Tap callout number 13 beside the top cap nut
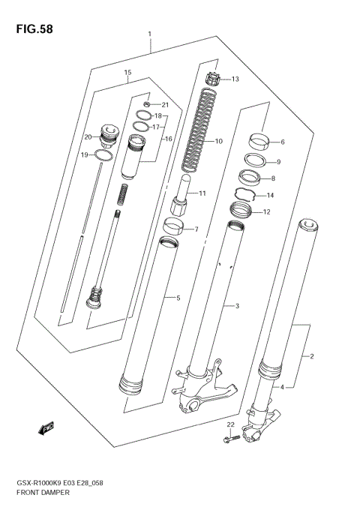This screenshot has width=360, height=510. point(235,79)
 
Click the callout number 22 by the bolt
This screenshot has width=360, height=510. point(231,425)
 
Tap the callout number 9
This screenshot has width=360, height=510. point(278,162)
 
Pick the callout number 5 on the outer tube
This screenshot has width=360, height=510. point(178,298)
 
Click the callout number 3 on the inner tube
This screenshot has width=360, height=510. point(236,306)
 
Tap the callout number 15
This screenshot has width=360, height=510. point(127,73)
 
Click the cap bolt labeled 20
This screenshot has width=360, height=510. point(110,134)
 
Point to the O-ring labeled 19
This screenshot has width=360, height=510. point(105,155)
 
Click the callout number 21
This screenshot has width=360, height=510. point(166,104)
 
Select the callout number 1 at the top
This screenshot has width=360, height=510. point(150,34)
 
